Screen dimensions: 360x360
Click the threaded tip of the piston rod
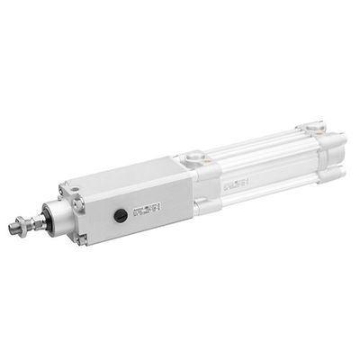pos(13,229)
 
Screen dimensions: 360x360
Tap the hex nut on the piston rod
pos(24,224)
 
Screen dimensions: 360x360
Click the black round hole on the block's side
pos(120,215)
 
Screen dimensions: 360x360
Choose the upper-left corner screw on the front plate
pos(63,193)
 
